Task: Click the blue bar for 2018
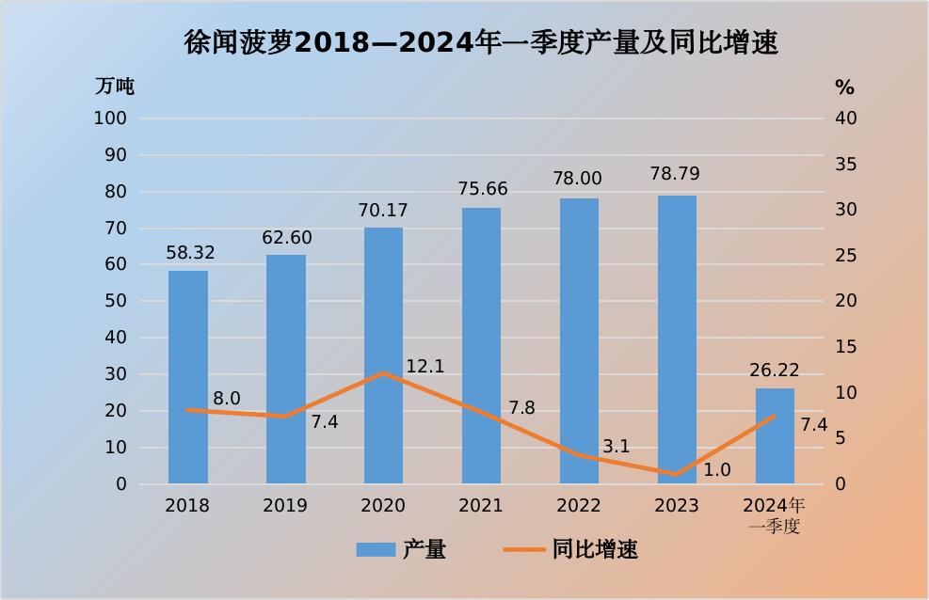click(x=188, y=376)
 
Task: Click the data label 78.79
click(x=676, y=175)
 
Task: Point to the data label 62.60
click(x=286, y=238)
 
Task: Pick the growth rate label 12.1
click(x=424, y=367)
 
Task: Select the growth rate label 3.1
click(x=616, y=447)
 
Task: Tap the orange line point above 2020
click(x=383, y=373)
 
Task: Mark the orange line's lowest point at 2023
click(x=677, y=475)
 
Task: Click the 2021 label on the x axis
click(x=481, y=506)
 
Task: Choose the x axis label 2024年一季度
click(x=775, y=515)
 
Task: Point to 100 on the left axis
click(x=110, y=118)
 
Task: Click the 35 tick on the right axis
click(x=846, y=165)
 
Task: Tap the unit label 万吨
click(x=115, y=87)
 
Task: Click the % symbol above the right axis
click(x=844, y=87)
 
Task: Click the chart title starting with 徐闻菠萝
click(x=481, y=42)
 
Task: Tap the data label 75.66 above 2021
click(x=481, y=189)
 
